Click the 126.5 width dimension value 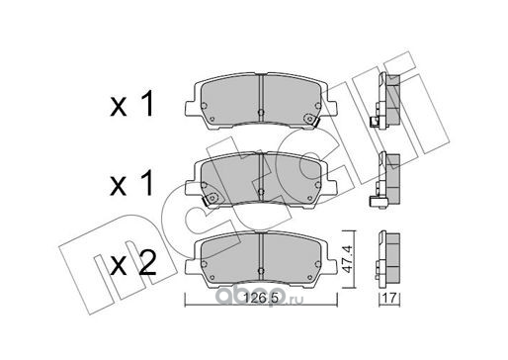[x=261, y=299]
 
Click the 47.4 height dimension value [x=348, y=259]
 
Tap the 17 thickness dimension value [x=389, y=299]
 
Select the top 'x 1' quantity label [x=132, y=104]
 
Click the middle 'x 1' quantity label [x=132, y=183]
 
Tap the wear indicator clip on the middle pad [x=211, y=199]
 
